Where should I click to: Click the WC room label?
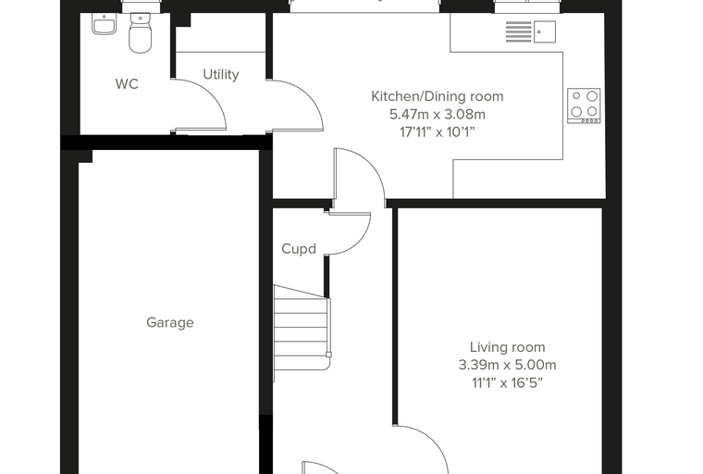[127, 84]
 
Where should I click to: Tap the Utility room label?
[220, 74]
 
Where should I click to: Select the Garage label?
[170, 322]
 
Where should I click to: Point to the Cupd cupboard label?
[299, 249]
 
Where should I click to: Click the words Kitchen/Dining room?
[438, 96]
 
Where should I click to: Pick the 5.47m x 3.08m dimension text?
[438, 115]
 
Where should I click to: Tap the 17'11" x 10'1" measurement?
[438, 132]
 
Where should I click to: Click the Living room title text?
[508, 347]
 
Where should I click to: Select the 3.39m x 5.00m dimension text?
[508, 365]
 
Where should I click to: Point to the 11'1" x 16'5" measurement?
[508, 383]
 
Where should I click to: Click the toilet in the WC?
[141, 32]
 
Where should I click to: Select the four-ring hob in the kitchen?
[584, 106]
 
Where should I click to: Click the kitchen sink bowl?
[544, 31]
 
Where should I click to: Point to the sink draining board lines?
[518, 31]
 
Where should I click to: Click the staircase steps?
[302, 328]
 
